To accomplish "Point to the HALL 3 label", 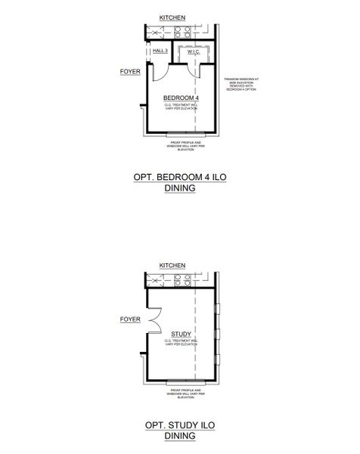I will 160,51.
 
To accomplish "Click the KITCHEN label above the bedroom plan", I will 174,17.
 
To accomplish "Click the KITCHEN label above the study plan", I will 174,266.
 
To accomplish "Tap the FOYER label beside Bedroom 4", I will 130,72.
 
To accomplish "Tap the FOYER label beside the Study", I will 130,319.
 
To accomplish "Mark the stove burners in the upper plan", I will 182,33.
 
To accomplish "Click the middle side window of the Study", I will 217,334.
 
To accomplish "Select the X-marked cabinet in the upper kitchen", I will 156,33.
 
